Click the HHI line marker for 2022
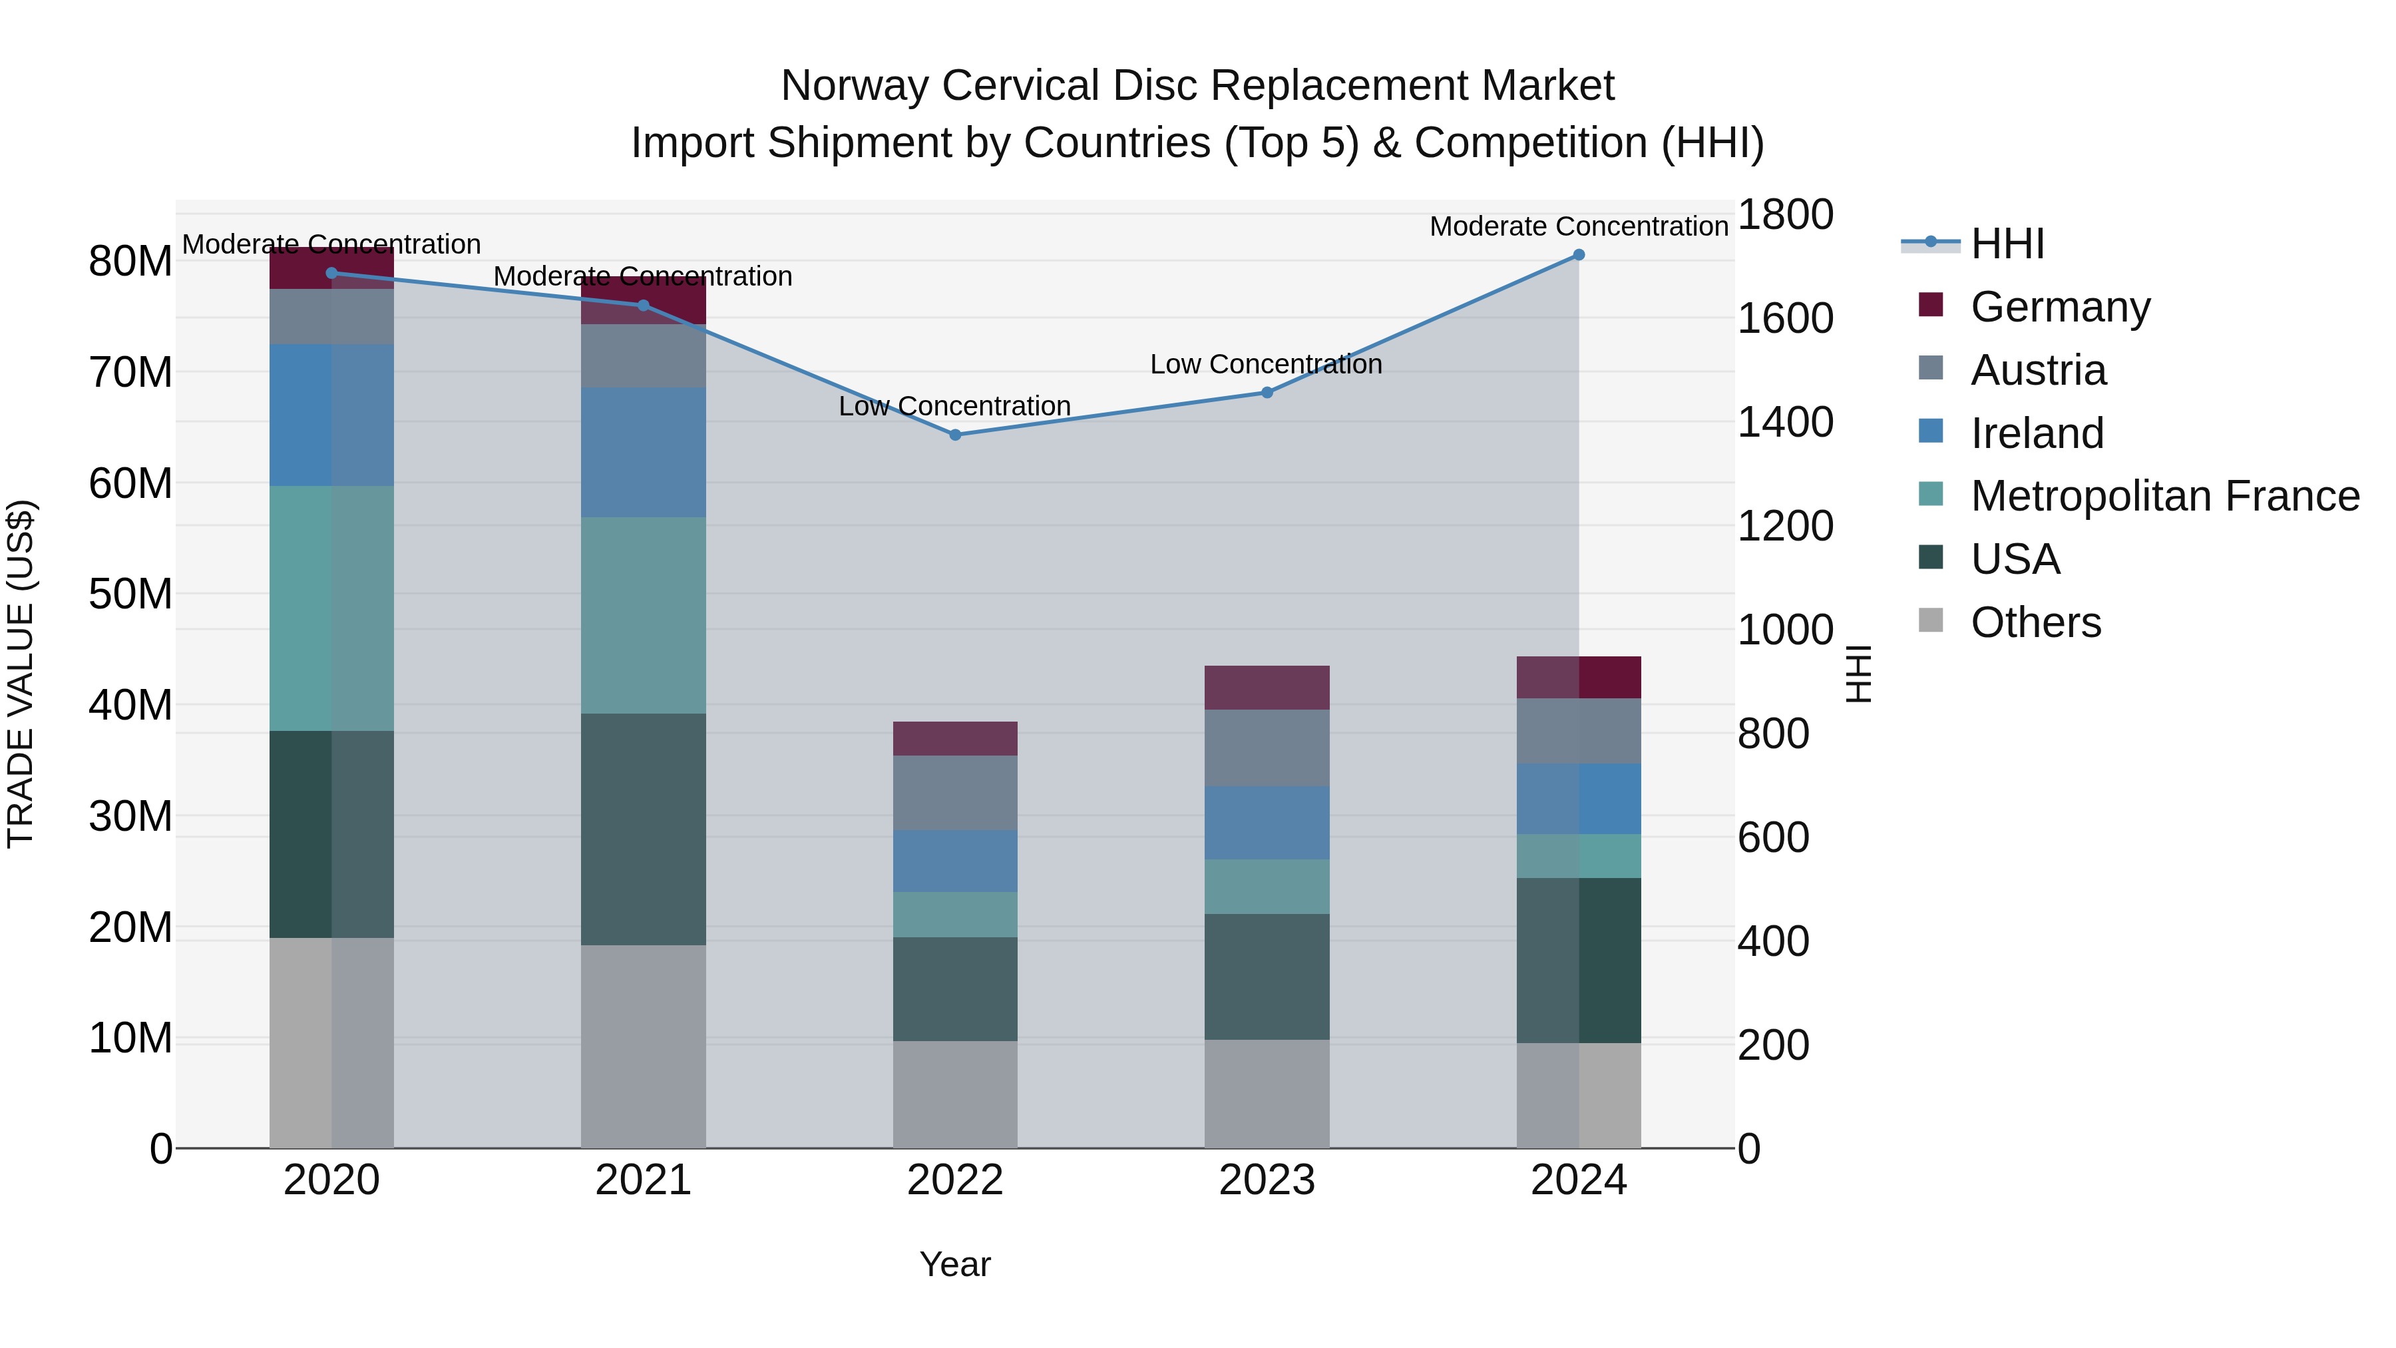point(954,435)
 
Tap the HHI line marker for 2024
point(1579,255)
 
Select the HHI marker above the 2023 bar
point(1266,393)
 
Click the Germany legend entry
point(2059,307)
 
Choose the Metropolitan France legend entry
point(2164,497)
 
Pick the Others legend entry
point(2035,622)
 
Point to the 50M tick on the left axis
point(130,594)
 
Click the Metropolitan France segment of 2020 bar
point(331,608)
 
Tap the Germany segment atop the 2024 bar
point(1579,677)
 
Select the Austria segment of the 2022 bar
point(954,793)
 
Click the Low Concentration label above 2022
point(954,407)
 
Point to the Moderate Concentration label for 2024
point(1579,226)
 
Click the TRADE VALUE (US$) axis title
point(21,674)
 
